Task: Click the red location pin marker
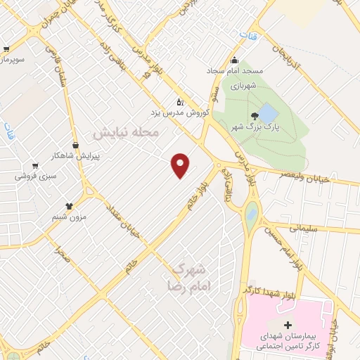click(181, 165)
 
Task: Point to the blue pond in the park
click(269, 112)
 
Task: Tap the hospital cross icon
click(286, 324)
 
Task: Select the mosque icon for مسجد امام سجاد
click(234, 60)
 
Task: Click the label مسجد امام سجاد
click(234, 71)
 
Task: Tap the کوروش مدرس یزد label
click(180, 111)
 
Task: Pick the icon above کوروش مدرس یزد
click(180, 101)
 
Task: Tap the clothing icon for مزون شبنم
click(70, 206)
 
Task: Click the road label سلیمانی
click(304, 229)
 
